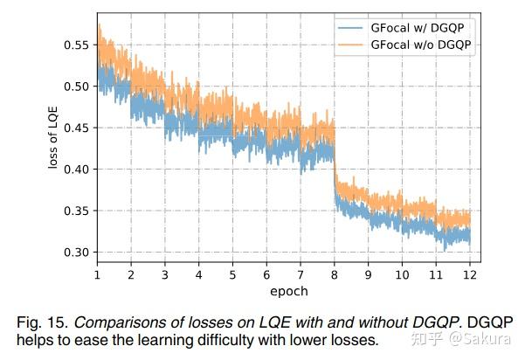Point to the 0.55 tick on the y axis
tap(76, 45)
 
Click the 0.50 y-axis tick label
tap(76, 87)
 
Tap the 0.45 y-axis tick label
tap(76, 128)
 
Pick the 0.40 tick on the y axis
tap(76, 170)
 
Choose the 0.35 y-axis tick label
tap(76, 211)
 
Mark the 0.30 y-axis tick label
tap(76, 253)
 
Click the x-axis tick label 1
tap(97, 273)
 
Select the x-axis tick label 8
tap(335, 273)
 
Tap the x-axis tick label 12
tap(470, 273)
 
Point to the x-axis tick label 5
tap(232, 273)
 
